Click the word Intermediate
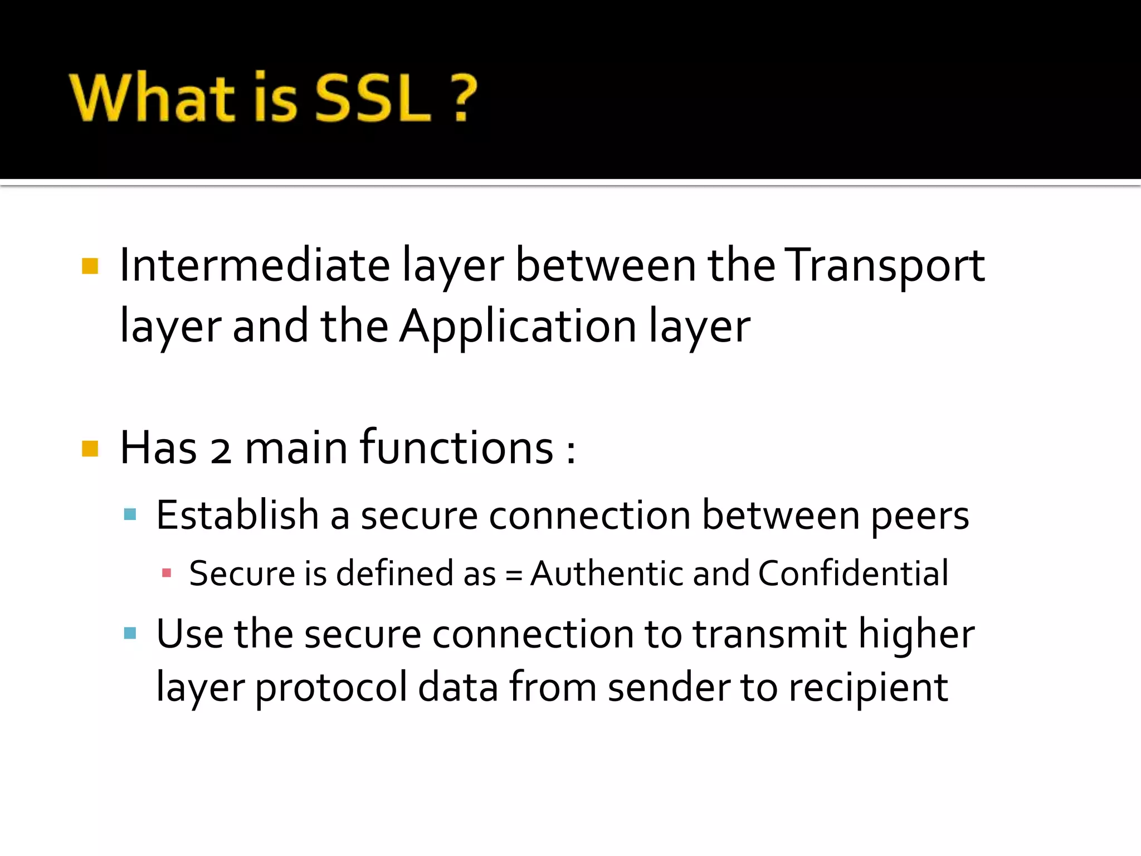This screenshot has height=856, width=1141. click(255, 265)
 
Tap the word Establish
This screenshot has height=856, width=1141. click(237, 515)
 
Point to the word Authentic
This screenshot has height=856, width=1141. click(606, 573)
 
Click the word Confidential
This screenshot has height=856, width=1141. click(853, 573)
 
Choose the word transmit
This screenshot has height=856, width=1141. click(769, 634)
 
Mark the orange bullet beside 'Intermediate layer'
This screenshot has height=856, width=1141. click(90, 266)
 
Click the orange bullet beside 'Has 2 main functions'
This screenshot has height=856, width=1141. click(90, 448)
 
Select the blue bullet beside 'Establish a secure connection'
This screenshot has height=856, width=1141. click(130, 514)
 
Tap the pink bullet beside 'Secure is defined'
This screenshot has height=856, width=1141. click(166, 573)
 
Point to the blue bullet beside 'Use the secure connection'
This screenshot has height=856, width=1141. click(130, 633)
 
